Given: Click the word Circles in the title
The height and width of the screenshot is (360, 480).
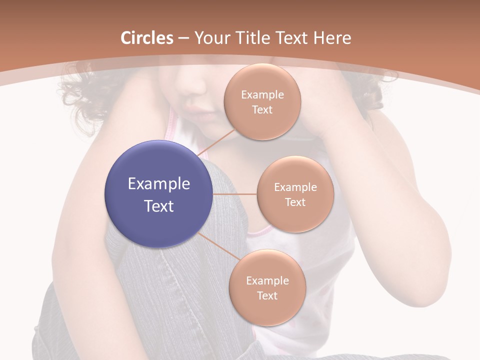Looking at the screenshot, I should (x=147, y=38).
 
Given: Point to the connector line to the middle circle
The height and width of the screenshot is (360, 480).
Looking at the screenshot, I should (x=235, y=194).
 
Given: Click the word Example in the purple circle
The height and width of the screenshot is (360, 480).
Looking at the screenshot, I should (x=159, y=184).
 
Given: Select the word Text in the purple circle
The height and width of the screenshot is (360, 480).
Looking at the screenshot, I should (x=159, y=206).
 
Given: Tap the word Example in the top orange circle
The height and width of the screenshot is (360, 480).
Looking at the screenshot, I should (x=262, y=95).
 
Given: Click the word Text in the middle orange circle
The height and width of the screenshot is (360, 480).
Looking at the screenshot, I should (x=295, y=202).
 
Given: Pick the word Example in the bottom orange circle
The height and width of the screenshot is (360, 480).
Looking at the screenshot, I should (x=267, y=281).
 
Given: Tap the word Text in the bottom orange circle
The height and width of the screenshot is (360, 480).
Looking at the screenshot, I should (x=267, y=296).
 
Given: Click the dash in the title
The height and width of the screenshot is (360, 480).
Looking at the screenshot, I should (x=183, y=38).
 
